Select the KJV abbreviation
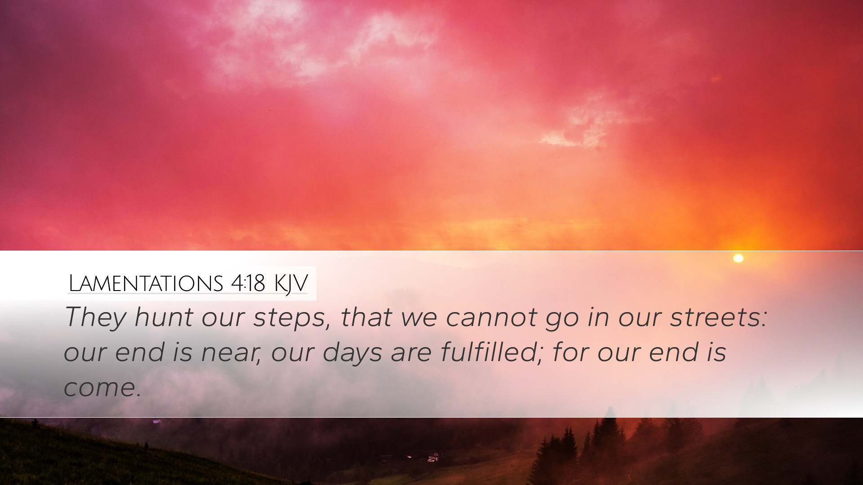291,284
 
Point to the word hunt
164,317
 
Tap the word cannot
491,317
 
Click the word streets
718,317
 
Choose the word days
352,352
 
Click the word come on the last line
102,388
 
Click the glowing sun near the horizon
738,258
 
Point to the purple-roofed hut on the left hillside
156,422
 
